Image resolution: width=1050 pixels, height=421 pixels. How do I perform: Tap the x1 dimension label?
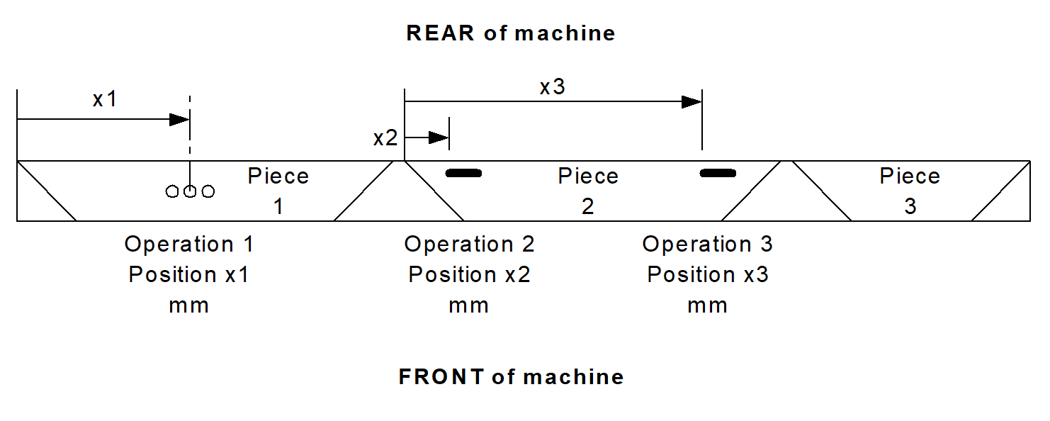(105, 100)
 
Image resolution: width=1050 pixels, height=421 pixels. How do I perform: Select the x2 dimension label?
(385, 138)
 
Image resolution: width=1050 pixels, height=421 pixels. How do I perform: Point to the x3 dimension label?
(553, 87)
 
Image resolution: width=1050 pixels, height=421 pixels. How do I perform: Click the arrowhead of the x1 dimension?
(179, 119)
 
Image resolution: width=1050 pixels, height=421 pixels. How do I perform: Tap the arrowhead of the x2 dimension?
(439, 137)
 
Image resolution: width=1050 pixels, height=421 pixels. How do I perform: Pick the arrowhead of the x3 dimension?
(691, 102)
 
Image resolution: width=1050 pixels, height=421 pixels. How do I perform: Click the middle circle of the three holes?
(190, 191)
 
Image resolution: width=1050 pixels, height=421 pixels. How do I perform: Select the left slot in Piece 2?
(463, 173)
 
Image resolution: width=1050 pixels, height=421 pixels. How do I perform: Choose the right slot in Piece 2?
(718, 173)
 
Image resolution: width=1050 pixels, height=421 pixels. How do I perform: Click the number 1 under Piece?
(278, 206)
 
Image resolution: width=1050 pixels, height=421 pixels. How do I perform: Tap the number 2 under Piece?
(587, 206)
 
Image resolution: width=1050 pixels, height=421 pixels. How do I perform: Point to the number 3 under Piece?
(910, 206)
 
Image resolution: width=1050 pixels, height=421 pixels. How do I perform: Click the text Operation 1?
(188, 245)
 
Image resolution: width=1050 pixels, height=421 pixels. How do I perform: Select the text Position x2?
(469, 274)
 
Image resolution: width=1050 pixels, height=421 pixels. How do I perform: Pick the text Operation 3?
(707, 245)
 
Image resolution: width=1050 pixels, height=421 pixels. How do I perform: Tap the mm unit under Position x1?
(188, 305)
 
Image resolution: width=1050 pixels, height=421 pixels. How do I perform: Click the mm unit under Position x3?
(707, 305)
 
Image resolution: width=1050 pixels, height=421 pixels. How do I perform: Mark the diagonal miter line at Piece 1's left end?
(46, 191)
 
